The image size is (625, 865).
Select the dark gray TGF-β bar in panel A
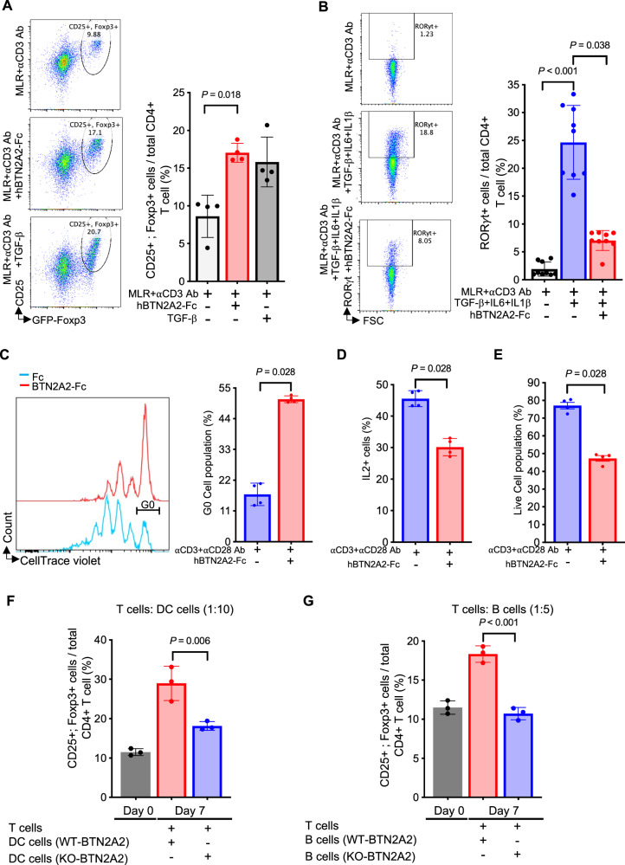click(267, 222)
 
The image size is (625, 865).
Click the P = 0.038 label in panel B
click(590, 45)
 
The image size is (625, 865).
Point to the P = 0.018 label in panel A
click(222, 94)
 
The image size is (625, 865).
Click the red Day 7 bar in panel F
click(172, 740)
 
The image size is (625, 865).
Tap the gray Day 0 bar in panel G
click(448, 752)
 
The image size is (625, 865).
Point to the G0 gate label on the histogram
click(147, 503)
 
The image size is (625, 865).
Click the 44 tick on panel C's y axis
click(224, 419)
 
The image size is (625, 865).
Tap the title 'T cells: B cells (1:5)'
click(503, 609)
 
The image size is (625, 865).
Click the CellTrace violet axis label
click(61, 561)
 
